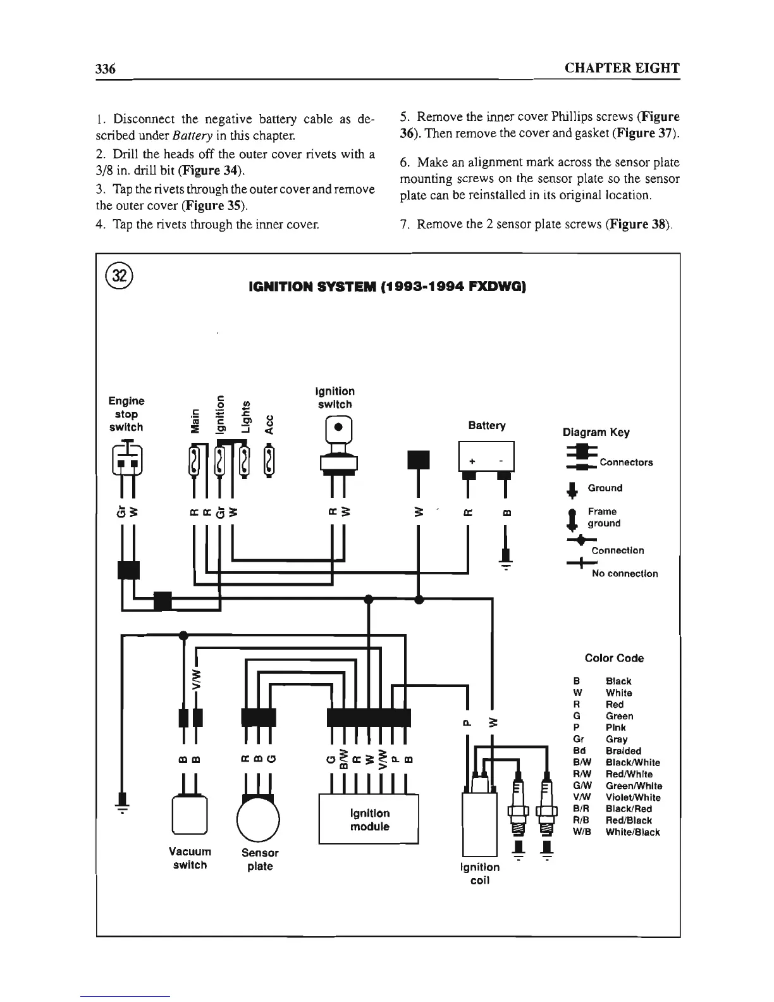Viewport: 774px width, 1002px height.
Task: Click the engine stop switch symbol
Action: (x=127, y=457)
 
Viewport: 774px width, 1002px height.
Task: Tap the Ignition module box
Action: (x=369, y=820)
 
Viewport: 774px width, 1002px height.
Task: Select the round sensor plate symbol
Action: (x=259, y=819)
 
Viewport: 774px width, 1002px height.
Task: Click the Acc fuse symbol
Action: (x=271, y=461)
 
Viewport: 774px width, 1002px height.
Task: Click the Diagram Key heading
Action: (x=596, y=433)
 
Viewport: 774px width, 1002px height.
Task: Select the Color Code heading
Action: (x=614, y=659)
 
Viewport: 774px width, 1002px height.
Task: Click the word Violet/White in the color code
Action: (x=632, y=798)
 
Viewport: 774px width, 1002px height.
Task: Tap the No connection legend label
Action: (x=624, y=574)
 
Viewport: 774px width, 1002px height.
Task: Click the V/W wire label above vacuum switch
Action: (x=197, y=677)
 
